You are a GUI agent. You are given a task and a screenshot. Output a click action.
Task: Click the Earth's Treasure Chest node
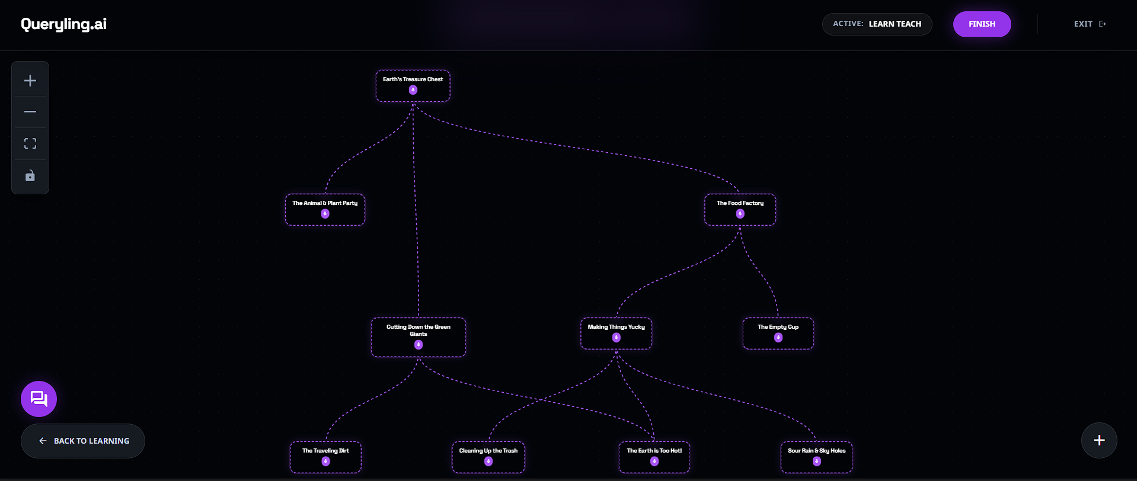tap(413, 79)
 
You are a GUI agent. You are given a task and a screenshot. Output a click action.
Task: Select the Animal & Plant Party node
tap(325, 203)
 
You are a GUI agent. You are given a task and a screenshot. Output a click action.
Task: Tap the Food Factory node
tap(740, 203)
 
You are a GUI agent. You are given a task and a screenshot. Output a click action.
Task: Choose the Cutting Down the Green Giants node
tap(418, 331)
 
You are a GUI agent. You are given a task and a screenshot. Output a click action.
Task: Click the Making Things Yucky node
tap(616, 327)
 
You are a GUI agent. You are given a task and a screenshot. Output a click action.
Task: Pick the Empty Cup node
tap(778, 327)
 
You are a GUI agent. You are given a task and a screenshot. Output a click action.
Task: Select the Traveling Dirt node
tap(325, 451)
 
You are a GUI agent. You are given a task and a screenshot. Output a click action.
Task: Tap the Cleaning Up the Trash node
tap(488, 451)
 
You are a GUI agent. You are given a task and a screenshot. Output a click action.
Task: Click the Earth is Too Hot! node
tap(654, 451)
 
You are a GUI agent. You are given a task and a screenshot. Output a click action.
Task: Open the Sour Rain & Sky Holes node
tap(816, 451)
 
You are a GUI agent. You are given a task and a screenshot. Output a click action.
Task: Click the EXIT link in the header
tap(1090, 24)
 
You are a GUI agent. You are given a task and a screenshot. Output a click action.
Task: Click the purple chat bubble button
tap(39, 399)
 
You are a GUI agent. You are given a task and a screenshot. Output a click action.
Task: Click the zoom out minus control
tap(30, 112)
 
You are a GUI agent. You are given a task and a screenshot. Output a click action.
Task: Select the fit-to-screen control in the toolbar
tap(30, 144)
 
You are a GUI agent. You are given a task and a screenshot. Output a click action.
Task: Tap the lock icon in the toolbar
tap(30, 176)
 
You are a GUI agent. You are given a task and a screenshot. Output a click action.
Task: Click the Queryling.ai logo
tap(64, 24)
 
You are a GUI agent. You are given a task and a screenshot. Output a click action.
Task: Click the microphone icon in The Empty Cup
tap(778, 338)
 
